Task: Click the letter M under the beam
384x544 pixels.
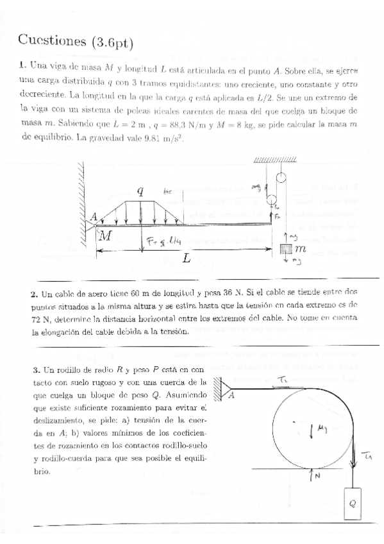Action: [106, 236]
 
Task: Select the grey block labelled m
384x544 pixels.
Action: [287, 247]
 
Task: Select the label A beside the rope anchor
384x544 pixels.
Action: [231, 396]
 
